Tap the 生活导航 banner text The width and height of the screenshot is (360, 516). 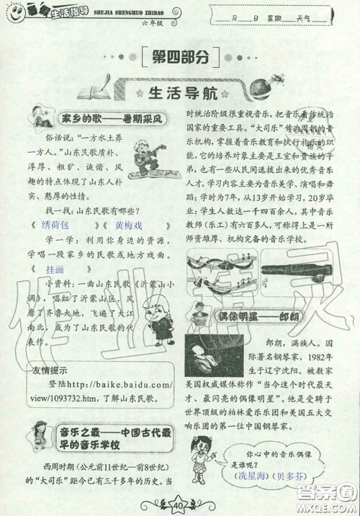pos(180,94)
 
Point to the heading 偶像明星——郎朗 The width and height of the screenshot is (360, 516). pos(259,317)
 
